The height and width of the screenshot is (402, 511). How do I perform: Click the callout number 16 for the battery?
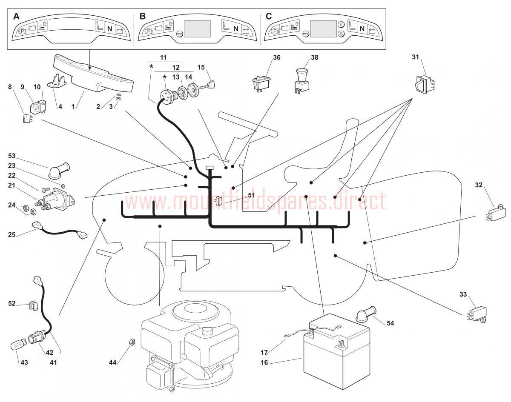pos(265,362)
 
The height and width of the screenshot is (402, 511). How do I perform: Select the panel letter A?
pos(16,16)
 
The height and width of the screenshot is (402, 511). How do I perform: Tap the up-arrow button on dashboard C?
pos(341,25)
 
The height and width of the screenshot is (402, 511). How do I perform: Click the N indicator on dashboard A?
pos(109,29)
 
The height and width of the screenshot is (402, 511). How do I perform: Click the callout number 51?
pos(251,195)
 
